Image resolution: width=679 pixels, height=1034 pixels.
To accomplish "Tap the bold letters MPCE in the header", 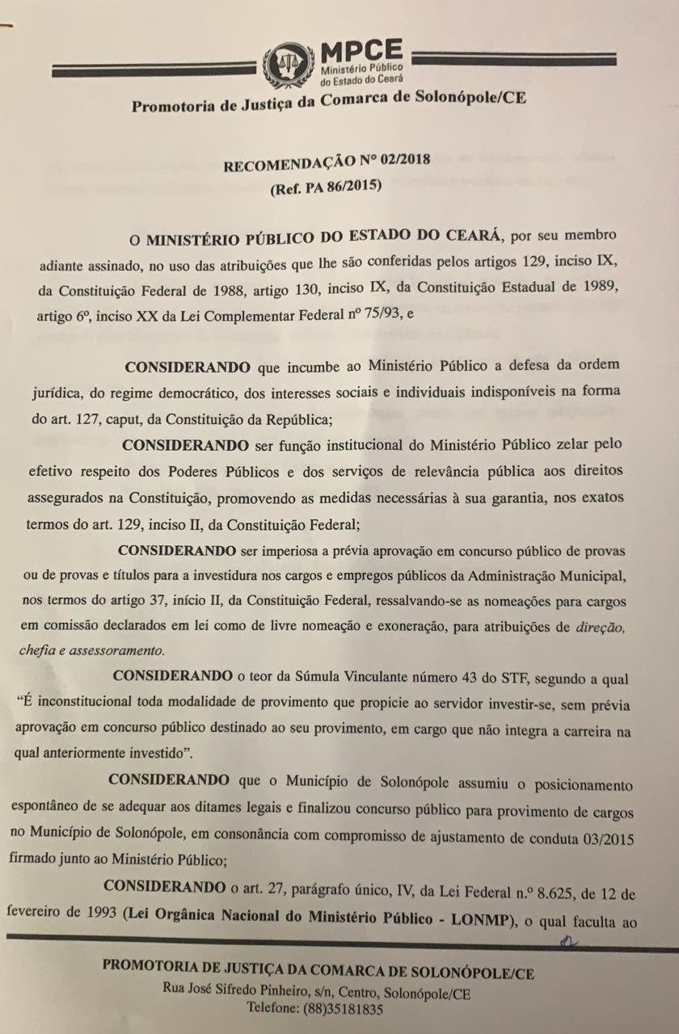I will pyautogui.click(x=361, y=52).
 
